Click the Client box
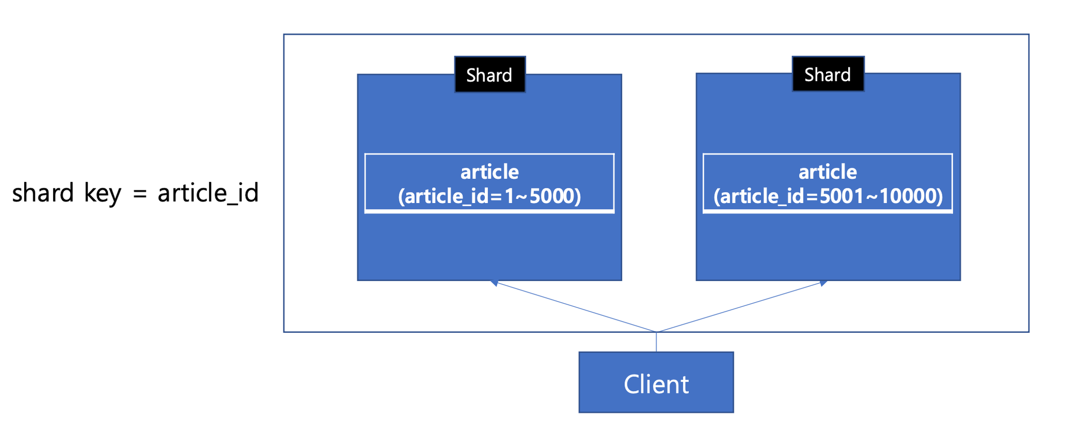[656, 382]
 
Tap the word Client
[656, 384]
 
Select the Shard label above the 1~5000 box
[489, 74]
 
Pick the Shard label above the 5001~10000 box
[828, 74]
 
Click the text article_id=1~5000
[489, 196]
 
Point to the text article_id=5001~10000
[828, 196]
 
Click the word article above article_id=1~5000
[489, 171]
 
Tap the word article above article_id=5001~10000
[828, 171]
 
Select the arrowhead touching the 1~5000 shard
[494, 283]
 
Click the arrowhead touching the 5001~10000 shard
[823, 283]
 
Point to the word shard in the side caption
[43, 192]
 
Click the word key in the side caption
[103, 194]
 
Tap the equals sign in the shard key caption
[140, 194]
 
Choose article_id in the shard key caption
[208, 193]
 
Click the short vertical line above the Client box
[656, 342]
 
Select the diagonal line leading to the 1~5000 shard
[575, 307]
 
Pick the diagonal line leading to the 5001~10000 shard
[740, 307]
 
